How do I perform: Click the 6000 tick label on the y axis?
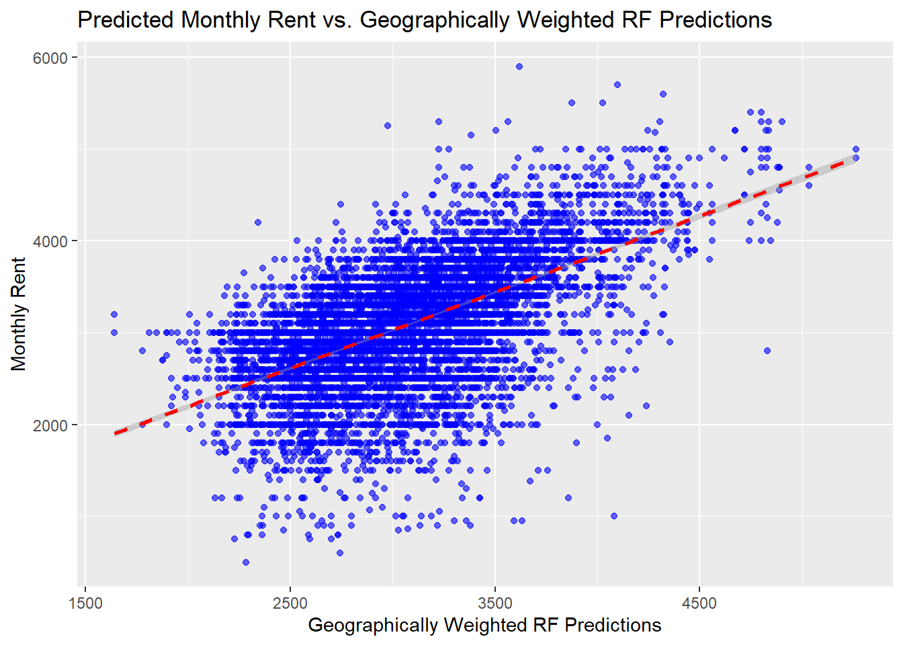(x=50, y=58)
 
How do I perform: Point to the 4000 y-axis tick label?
(x=50, y=241)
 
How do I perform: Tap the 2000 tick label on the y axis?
(x=50, y=425)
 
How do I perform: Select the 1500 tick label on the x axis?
(x=85, y=603)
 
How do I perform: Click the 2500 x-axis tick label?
(x=290, y=603)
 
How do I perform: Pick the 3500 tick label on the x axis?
(x=494, y=603)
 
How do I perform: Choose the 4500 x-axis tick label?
(x=699, y=603)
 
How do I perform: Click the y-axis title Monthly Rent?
(x=18, y=314)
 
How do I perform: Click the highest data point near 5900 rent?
(x=519, y=67)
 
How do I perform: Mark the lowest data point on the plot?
(x=246, y=562)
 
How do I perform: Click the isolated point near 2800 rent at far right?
(x=767, y=351)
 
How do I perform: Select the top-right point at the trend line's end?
(x=855, y=150)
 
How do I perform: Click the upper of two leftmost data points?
(x=114, y=314)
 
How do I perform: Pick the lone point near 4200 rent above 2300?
(x=258, y=222)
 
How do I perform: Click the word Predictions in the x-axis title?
(x=613, y=626)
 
